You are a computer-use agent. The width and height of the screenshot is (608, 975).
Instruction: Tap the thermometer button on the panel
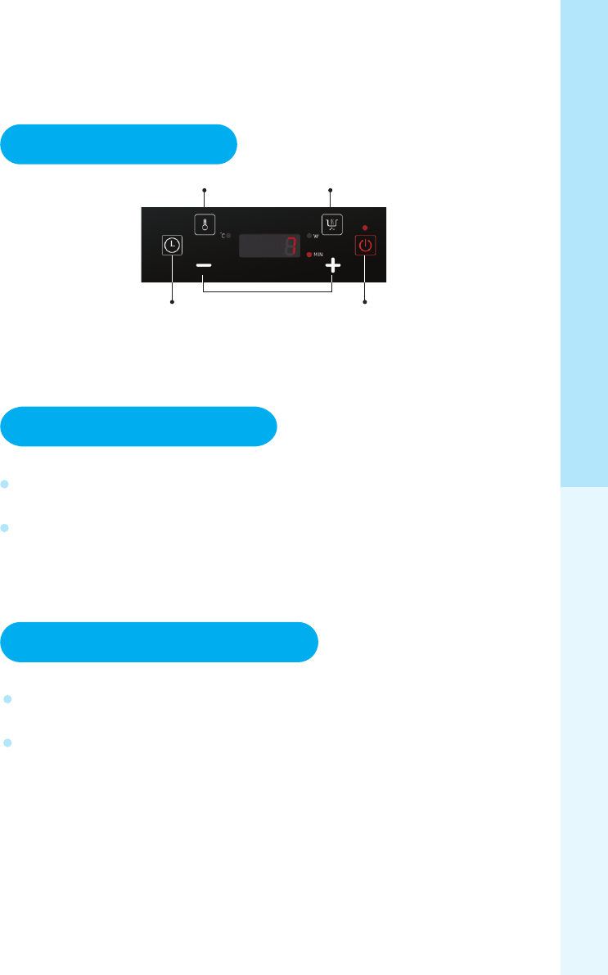click(205, 224)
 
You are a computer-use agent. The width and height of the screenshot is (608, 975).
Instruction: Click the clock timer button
click(173, 245)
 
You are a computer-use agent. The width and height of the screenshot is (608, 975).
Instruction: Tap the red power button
click(365, 246)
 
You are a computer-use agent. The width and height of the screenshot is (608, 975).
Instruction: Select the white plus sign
click(332, 267)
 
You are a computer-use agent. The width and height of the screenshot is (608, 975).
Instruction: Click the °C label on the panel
click(223, 236)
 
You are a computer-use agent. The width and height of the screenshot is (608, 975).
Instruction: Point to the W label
click(316, 236)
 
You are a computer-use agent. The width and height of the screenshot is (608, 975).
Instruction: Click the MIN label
click(318, 255)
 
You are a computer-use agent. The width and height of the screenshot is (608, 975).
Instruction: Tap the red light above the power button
click(365, 227)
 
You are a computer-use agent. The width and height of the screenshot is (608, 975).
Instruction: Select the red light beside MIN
click(309, 255)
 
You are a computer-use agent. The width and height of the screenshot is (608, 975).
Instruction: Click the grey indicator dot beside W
click(309, 236)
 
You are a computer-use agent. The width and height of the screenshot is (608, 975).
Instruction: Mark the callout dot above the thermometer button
click(205, 190)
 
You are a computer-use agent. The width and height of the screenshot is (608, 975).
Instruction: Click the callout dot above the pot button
click(331, 190)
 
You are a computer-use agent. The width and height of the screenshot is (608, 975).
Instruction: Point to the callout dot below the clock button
click(173, 303)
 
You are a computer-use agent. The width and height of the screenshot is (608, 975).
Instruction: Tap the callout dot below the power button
click(365, 303)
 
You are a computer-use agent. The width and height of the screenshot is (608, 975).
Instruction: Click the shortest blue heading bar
click(119, 145)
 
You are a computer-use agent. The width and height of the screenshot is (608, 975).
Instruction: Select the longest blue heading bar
click(159, 642)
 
